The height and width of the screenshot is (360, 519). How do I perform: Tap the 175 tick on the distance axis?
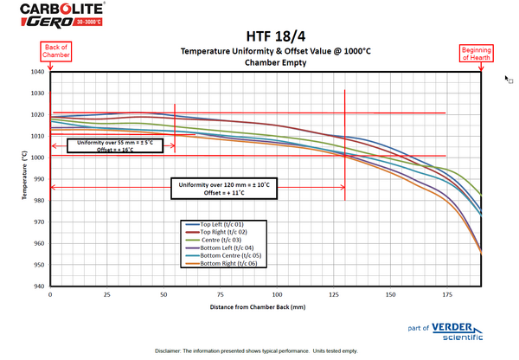click(446, 295)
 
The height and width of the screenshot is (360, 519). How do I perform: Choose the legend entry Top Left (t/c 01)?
click(222, 224)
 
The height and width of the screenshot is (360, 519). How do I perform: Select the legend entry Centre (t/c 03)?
click(222, 240)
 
